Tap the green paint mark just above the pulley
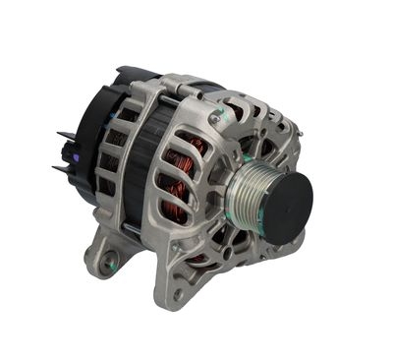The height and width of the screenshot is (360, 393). click(x=252, y=148)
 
